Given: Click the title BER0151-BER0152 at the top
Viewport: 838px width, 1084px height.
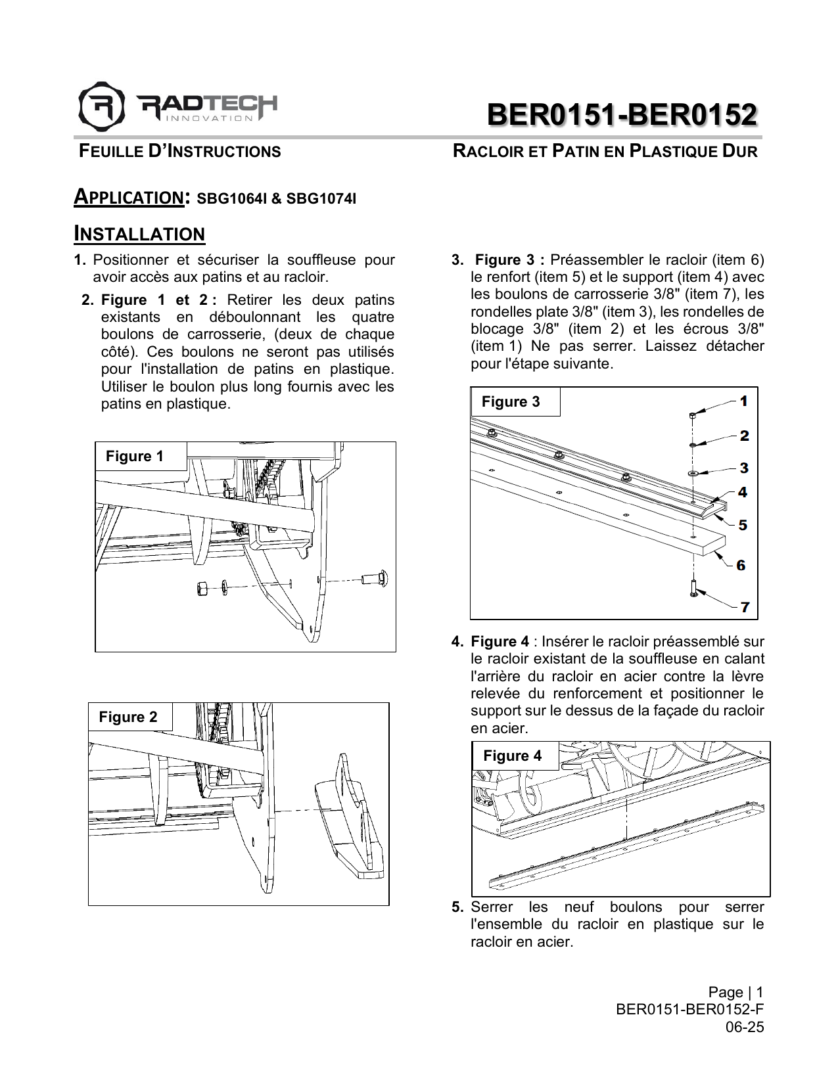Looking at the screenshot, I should coord(622,115).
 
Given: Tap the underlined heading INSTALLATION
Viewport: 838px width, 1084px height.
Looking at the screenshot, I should coord(139,234).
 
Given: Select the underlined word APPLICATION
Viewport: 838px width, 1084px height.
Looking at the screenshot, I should coord(129,197).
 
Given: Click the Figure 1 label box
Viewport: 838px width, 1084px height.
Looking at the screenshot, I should coord(135,457).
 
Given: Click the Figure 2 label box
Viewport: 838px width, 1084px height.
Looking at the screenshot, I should coord(128,717).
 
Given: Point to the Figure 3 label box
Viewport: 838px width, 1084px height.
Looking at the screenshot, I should coord(511,401).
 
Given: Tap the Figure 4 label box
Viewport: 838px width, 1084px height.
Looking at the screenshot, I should coord(512,756).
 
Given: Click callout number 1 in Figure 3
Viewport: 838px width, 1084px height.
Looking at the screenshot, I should coord(743,401).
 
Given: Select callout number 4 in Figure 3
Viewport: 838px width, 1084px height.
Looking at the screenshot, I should coord(742,492).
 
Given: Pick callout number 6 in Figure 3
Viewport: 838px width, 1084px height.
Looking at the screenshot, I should coord(741,565).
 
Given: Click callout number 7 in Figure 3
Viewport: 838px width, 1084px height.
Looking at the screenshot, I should coord(744,607).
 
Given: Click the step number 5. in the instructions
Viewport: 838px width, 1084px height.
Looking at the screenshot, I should coord(458,907).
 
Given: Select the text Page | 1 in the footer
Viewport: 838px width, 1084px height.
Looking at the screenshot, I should coord(735,992).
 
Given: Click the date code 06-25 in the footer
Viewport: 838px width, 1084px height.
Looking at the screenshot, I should coord(745,1027).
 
